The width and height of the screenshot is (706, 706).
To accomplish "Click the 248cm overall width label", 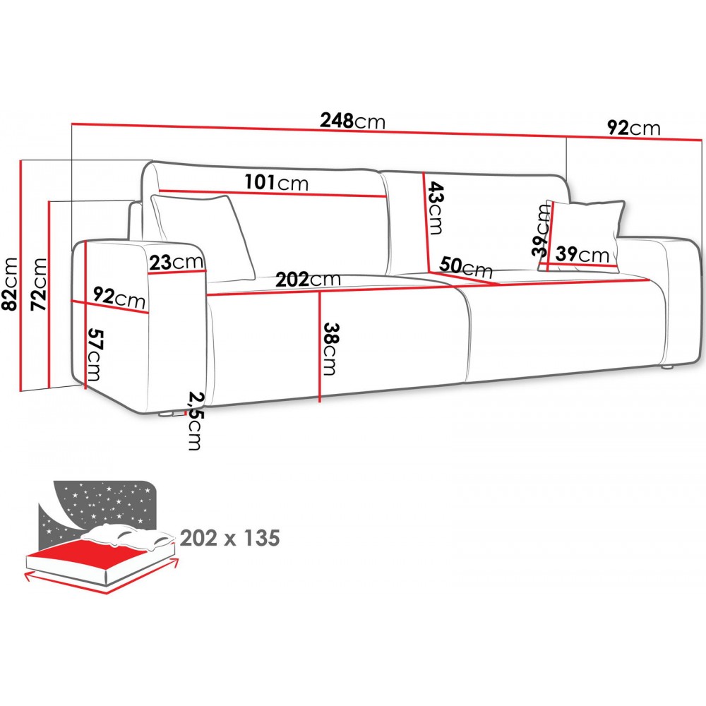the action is pos(352,121).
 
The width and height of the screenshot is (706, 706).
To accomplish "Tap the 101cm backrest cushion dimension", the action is pos(277,182).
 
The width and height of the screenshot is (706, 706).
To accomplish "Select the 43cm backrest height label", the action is pos(435,208).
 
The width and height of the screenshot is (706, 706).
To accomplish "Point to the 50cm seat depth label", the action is pos(465,267).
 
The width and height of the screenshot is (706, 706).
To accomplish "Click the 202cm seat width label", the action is pos(308,280).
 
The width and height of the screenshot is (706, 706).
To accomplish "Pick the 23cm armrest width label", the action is pos(176,262).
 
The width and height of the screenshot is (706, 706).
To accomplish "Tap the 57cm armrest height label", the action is pos(95,354).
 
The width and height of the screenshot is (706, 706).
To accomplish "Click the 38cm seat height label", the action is pos(330,349).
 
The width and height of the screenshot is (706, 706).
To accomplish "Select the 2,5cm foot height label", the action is pos(195,421).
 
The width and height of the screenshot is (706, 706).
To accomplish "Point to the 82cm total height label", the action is pos(10,284).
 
